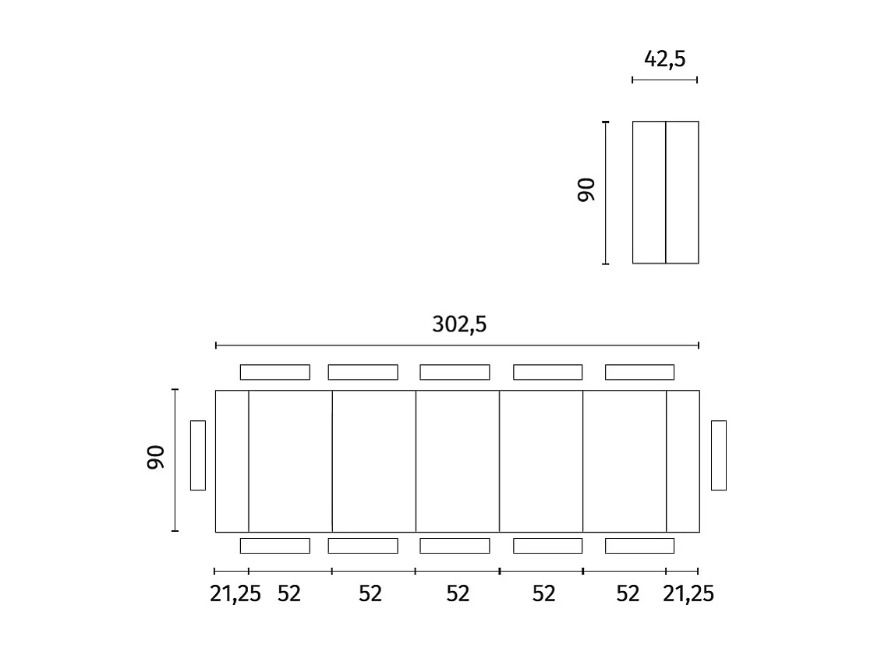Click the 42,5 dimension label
point(664,58)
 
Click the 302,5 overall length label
point(459,324)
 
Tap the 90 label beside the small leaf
point(586,190)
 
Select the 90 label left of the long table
point(155,458)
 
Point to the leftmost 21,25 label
point(235,594)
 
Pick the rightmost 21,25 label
point(688,594)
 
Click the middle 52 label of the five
point(458,594)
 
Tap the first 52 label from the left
point(288,594)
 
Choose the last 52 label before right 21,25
point(627,594)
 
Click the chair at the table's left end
point(198,455)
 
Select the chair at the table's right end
point(719,455)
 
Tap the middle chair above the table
point(455,372)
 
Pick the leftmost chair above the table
point(274,372)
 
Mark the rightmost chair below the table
point(639,545)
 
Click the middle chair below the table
point(455,545)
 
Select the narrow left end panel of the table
point(232,461)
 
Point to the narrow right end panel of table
point(683,461)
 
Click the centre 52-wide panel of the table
point(457,461)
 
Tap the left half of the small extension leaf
point(649,193)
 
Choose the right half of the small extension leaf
point(682,193)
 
